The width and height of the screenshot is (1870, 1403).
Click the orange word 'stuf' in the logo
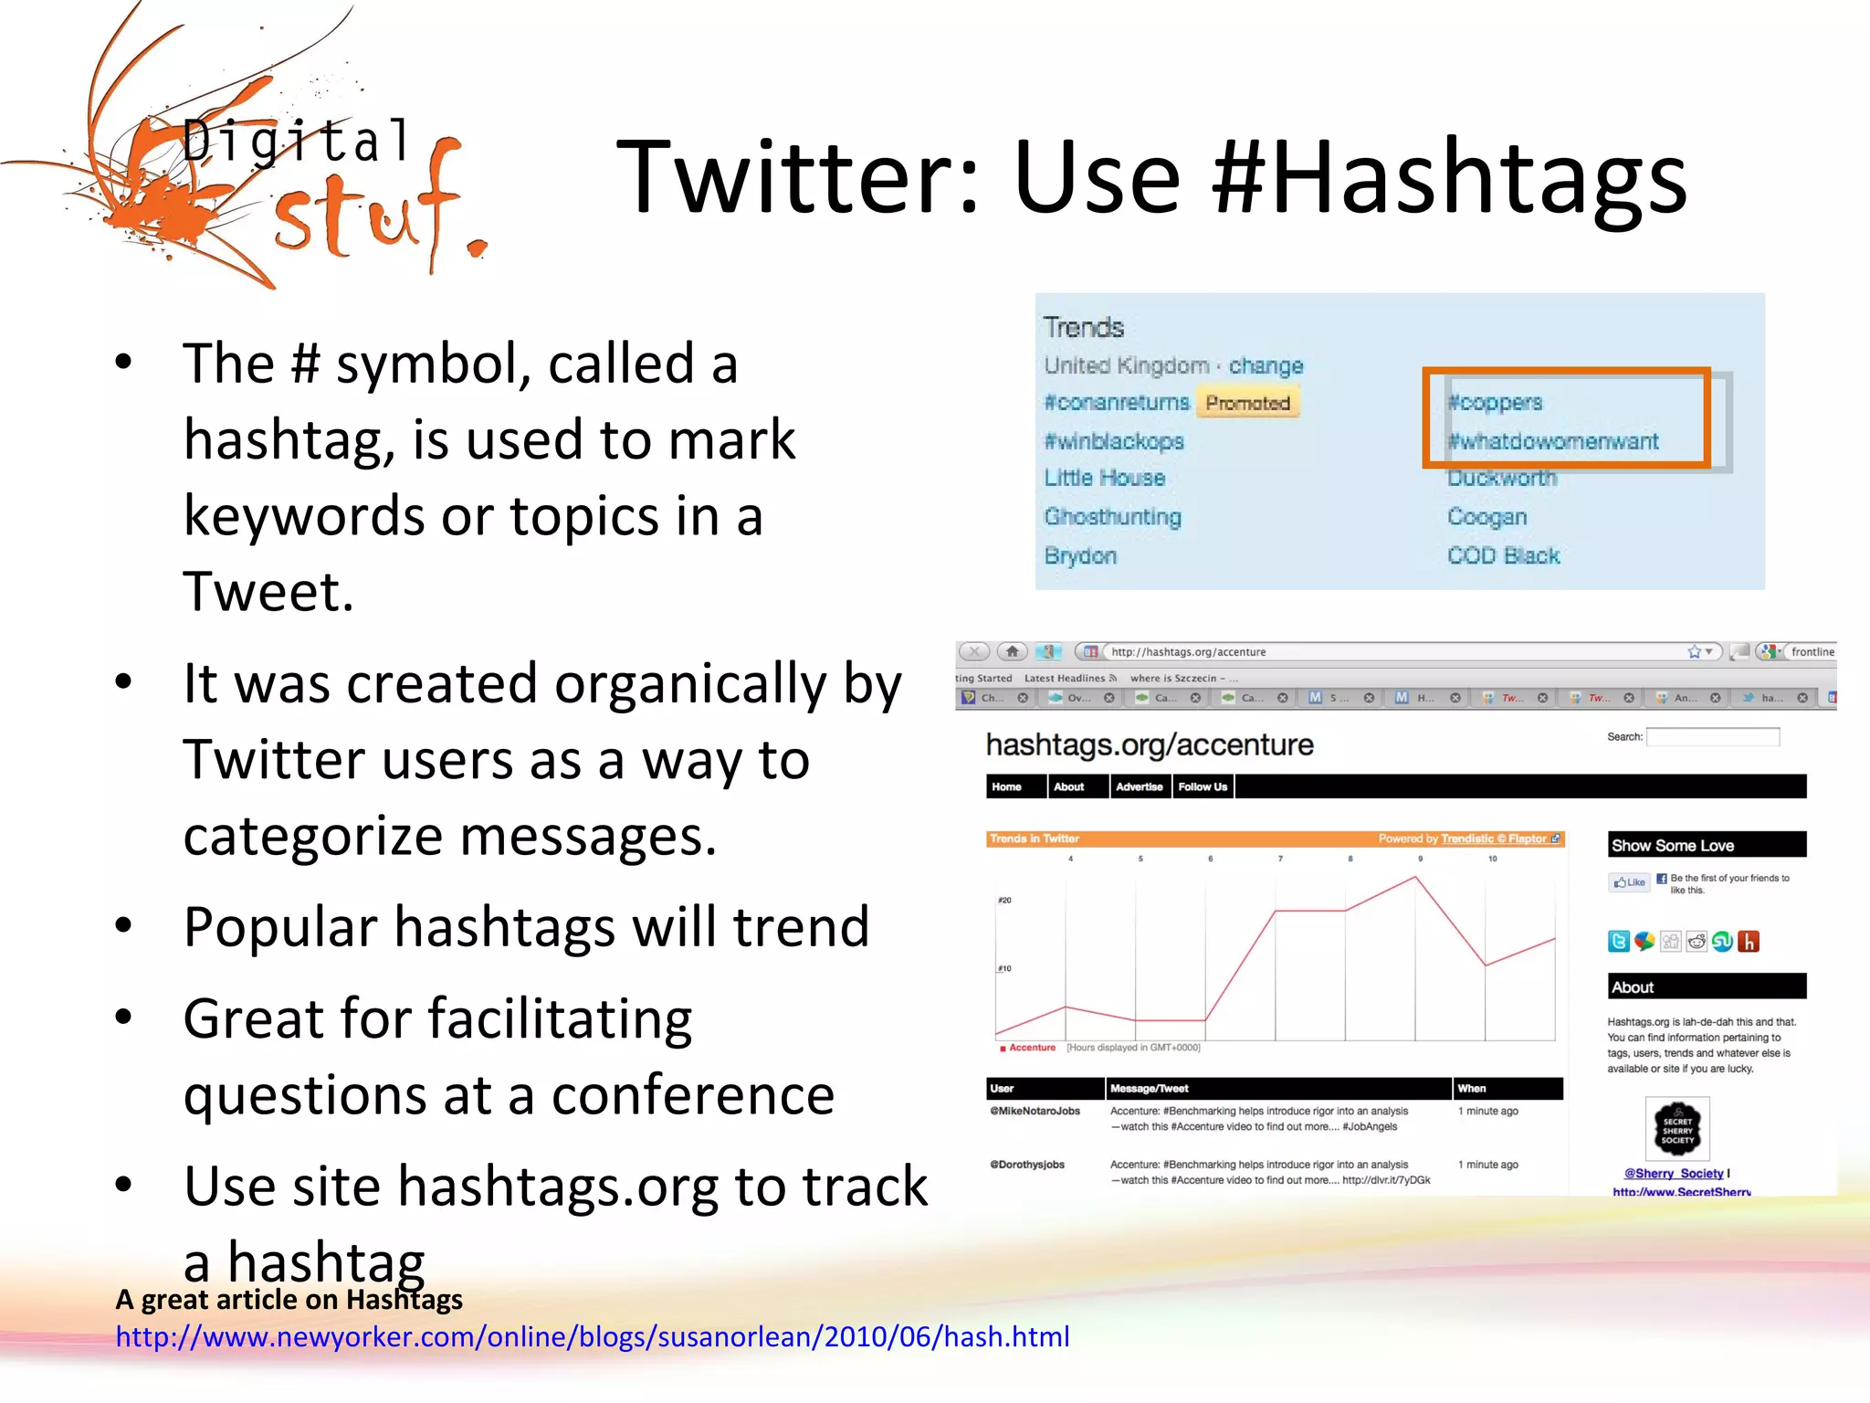tap(365, 212)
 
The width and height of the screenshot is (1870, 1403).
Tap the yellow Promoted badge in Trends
tap(1247, 403)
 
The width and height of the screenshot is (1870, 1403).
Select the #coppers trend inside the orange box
tap(1495, 402)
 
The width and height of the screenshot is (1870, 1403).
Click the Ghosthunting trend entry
tap(1112, 517)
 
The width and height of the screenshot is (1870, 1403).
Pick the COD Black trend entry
tap(1503, 555)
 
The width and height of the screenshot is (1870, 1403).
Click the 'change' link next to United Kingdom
tap(1266, 365)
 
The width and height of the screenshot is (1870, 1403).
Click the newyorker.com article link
tap(592, 1337)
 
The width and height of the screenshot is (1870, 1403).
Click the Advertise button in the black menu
tap(1139, 786)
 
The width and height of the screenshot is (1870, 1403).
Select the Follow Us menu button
tap(1203, 786)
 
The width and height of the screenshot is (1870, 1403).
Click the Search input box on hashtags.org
tap(1712, 737)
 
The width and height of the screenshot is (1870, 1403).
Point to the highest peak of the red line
tap(1415, 877)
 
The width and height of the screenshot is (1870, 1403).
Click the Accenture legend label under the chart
tap(1032, 1048)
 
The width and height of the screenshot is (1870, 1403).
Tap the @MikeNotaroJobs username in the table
tap(1035, 1112)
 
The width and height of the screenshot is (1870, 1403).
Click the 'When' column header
tap(1472, 1089)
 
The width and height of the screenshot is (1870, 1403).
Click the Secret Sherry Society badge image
tap(1676, 1130)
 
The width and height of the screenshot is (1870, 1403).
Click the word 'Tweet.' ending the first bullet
tap(268, 591)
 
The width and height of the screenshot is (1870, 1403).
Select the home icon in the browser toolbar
tap(1012, 651)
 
